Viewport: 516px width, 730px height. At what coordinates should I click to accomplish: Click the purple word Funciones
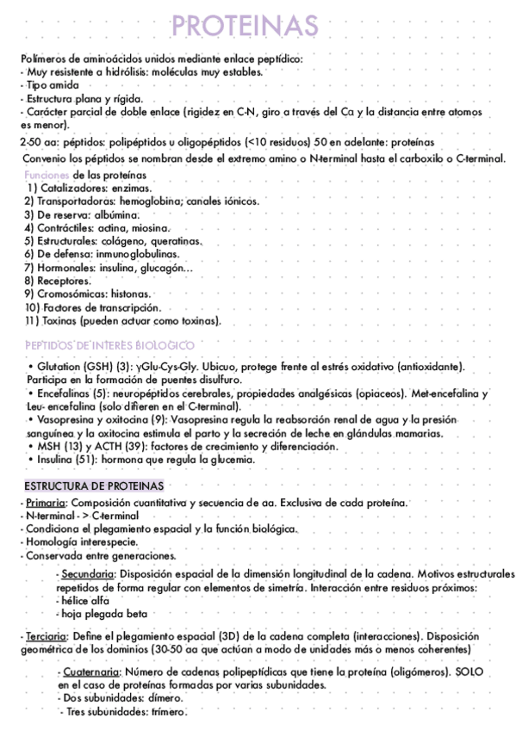click(40, 175)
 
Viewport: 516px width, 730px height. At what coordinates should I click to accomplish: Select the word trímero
click(169, 713)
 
